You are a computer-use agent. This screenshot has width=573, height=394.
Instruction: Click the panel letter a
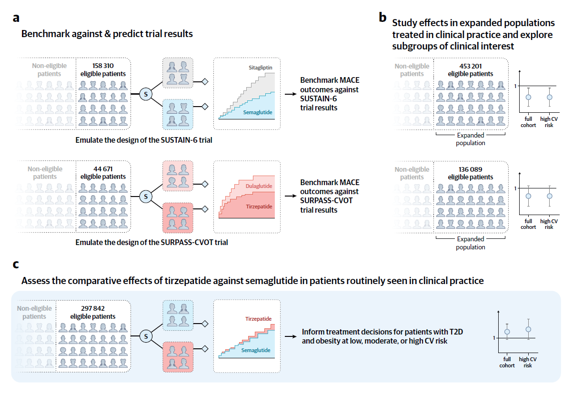pos(17,19)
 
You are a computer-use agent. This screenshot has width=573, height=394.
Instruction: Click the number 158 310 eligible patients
pos(103,66)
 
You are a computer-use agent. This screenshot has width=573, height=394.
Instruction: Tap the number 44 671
pos(103,168)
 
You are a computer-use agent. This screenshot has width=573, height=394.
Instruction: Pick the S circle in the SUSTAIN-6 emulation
pos(146,94)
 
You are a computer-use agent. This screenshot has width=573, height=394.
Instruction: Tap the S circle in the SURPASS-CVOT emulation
pos(146,196)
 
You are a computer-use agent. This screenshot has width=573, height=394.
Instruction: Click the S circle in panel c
pos(146,336)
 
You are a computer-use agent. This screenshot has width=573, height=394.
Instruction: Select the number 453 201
pos(471,66)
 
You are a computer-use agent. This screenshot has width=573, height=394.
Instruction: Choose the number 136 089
pos(471,169)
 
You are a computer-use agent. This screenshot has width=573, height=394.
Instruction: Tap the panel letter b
pos(382,18)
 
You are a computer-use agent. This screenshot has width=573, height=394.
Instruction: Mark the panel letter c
pos(16,265)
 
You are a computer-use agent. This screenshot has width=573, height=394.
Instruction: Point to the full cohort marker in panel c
pos(507,332)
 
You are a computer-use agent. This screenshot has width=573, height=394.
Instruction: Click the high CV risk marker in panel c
pos(528,329)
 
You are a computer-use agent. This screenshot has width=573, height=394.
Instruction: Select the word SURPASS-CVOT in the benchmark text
pos(326,201)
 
